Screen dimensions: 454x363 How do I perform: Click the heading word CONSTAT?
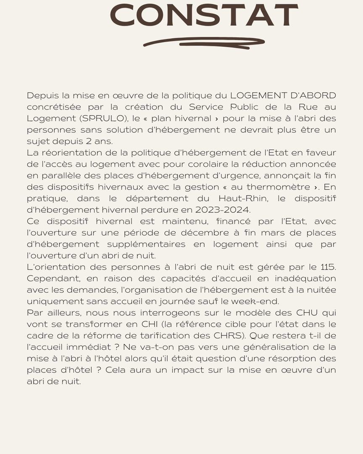click(x=204, y=16)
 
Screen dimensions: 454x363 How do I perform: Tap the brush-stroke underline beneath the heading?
click(x=204, y=42)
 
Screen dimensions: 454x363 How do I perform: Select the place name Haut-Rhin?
click(x=243, y=198)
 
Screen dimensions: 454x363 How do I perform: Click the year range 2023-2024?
click(x=222, y=210)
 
